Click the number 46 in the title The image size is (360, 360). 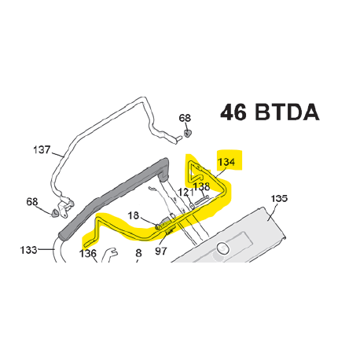tap(233, 112)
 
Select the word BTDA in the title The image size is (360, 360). tap(287, 112)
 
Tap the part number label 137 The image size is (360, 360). tap(42, 150)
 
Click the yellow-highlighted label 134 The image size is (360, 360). tap(226, 162)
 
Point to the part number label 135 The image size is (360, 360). tap(279, 198)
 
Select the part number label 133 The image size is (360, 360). tap(29, 250)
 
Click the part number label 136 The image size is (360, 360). tap(88, 253)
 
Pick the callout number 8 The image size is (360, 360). tap(138, 253)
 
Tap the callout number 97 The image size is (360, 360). tap(161, 251)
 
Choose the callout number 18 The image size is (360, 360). tap(133, 215)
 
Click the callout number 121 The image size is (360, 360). tap(186, 193)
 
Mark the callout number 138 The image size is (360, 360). tap(201, 186)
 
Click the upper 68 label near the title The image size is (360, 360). tap(185, 118)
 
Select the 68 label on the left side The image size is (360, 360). tap(32, 202)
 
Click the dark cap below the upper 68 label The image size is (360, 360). tap(187, 133)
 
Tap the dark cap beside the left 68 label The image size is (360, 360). tap(55, 213)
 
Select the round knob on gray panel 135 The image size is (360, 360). tap(223, 248)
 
